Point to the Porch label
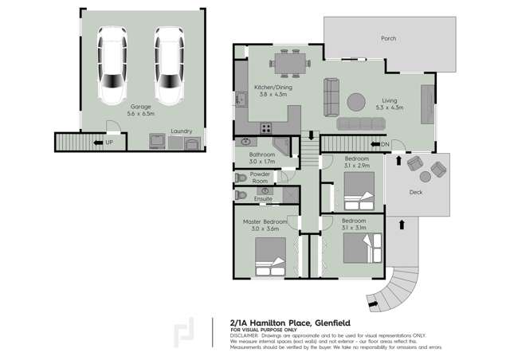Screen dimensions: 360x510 tap(388, 38)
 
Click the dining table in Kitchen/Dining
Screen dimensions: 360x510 tap(288, 61)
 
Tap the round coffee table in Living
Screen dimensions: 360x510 tap(354, 101)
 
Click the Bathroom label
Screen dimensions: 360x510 tap(261, 155)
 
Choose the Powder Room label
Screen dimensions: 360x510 tap(260, 177)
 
